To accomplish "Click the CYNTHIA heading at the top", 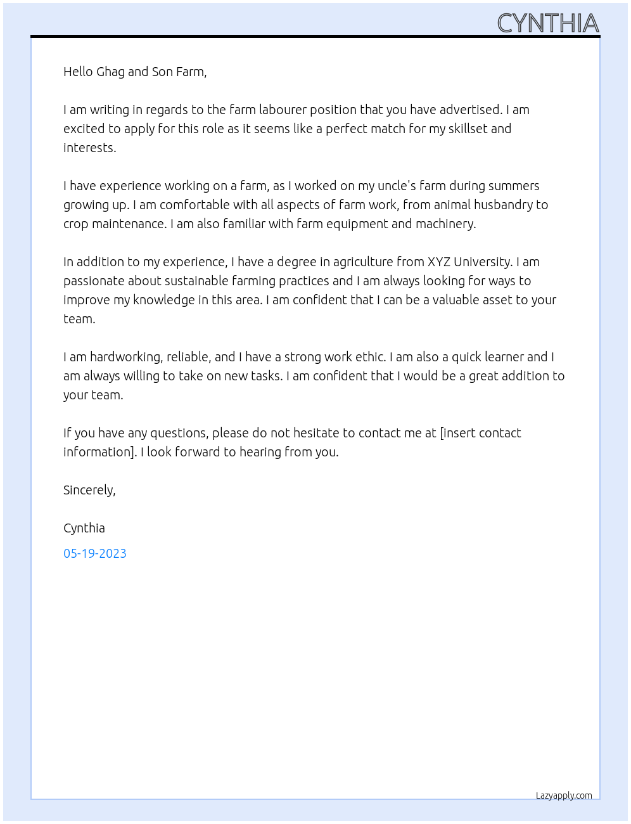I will click(x=547, y=23).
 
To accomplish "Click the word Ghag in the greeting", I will click(x=110, y=72).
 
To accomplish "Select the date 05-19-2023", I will click(x=95, y=553).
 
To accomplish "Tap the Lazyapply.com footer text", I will click(x=564, y=795).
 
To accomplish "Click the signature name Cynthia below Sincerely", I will click(x=84, y=528).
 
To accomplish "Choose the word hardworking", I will click(x=125, y=357).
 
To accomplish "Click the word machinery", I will click(x=445, y=224).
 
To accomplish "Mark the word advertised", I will click(x=469, y=110).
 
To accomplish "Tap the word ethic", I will click(x=371, y=357).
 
